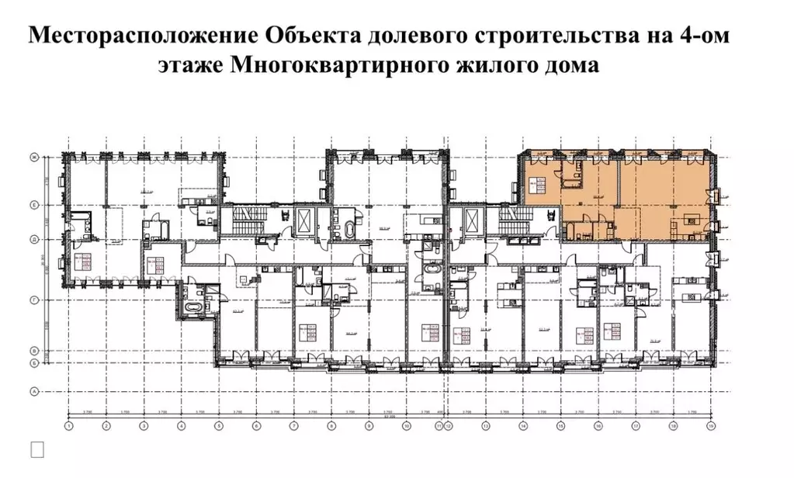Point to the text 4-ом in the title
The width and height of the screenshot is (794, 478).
702,36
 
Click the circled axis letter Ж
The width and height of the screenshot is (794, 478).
34,158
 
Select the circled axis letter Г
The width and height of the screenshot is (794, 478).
34,298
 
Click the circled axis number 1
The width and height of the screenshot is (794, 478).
68,426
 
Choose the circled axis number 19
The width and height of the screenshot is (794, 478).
710,426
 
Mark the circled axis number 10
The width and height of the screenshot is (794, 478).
406,426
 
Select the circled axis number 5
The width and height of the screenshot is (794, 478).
219,426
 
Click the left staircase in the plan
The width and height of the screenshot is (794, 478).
245,220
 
